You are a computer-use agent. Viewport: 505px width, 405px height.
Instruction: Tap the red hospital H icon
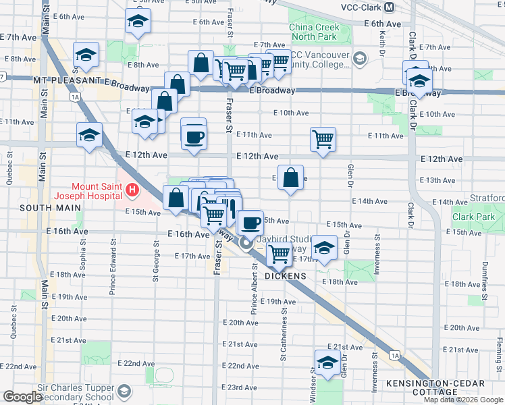click(132, 192)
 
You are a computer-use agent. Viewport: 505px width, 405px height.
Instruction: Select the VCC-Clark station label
click(358, 7)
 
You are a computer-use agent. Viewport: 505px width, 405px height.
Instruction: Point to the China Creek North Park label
click(319, 32)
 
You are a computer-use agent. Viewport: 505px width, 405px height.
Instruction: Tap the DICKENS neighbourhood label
click(286, 276)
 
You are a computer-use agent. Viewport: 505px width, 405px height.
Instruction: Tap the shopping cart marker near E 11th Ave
click(323, 140)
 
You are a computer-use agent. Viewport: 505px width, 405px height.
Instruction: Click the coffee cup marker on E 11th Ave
click(194, 137)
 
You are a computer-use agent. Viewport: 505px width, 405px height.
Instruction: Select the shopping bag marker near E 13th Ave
click(290, 178)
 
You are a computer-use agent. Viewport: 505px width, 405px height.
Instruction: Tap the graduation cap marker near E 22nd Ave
click(327, 362)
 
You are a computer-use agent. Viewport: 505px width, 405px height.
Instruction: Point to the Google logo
click(22, 397)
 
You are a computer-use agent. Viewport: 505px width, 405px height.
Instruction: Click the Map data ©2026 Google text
click(464, 400)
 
